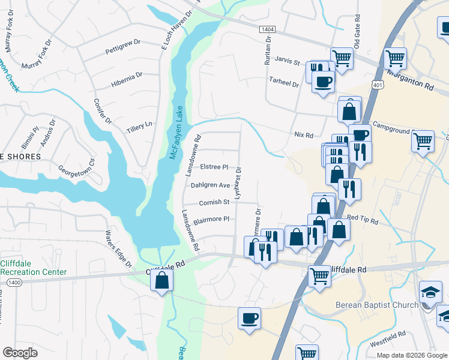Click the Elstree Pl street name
[x=214, y=167]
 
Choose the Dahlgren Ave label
[x=210, y=185]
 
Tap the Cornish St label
[x=214, y=202]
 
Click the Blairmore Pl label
[x=211, y=219]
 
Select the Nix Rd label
[x=304, y=136]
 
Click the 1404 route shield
[x=267, y=29]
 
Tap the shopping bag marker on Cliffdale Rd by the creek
[x=162, y=280]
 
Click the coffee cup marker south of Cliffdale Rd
[x=249, y=317]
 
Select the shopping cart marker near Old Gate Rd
[x=342, y=58]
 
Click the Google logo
[x=20, y=353]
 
